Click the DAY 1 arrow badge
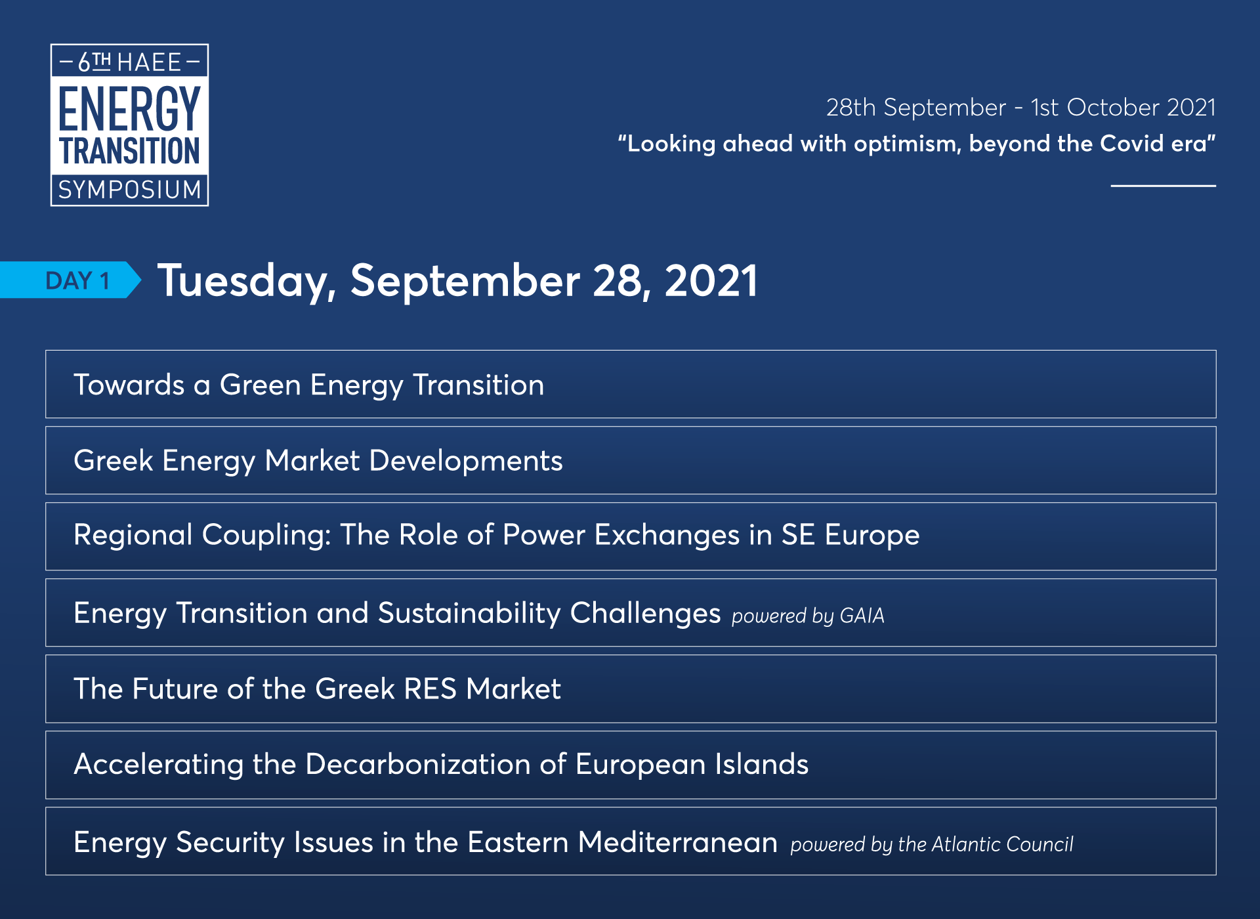70,280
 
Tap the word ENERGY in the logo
129,108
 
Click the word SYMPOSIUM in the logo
129,190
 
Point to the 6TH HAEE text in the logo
129,62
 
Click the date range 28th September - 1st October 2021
1020,107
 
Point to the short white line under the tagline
1163,186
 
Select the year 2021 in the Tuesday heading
711,281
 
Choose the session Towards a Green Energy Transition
308,385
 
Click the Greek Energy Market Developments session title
318,461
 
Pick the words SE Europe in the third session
850,536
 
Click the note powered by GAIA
808,616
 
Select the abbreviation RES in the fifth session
430,689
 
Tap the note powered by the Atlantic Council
932,844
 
